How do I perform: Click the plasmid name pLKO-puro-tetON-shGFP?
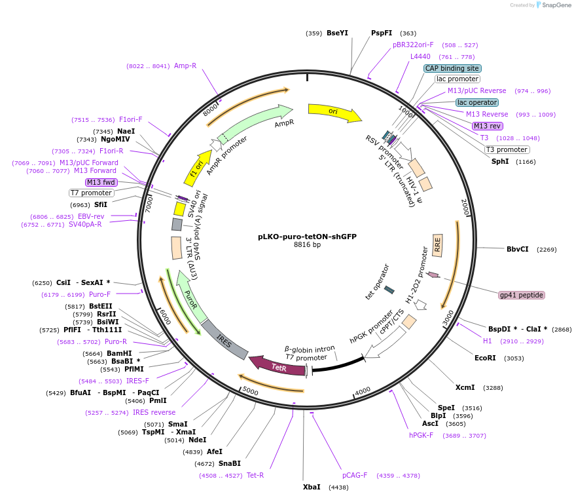point(307,237)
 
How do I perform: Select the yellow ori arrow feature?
point(334,112)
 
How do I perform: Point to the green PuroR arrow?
point(189,293)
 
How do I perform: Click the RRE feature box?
point(437,245)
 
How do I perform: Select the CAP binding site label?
point(452,68)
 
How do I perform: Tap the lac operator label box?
point(476,102)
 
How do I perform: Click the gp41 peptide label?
point(522,295)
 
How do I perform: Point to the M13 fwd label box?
point(101,182)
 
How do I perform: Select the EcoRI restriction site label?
point(485,358)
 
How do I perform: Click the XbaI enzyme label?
point(312,487)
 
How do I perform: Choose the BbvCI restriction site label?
point(517,249)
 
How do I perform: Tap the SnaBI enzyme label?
point(229,463)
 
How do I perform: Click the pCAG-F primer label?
point(355,475)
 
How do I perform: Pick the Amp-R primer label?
point(185,66)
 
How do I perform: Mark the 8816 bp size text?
point(307,245)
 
